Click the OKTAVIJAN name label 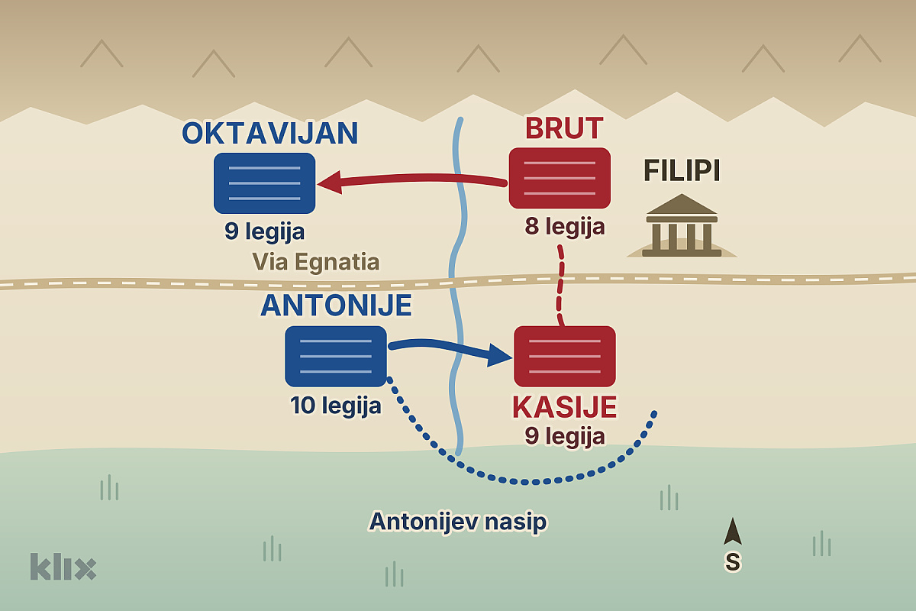[x=270, y=133]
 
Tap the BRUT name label [x=564, y=128]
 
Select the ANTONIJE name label [x=336, y=305]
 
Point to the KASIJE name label [x=565, y=407]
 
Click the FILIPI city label [x=682, y=170]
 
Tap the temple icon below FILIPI [x=682, y=225]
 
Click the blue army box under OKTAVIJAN [x=265, y=183]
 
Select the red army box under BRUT [x=560, y=178]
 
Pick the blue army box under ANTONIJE [x=336, y=357]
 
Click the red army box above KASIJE [x=565, y=357]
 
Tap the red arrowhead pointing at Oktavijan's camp [x=330, y=183]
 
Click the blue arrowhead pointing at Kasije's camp [x=499, y=355]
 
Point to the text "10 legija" [x=336, y=406]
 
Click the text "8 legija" [x=565, y=226]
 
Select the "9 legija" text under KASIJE [x=565, y=436]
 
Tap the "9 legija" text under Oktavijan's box [x=265, y=231]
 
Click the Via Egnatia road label [x=316, y=262]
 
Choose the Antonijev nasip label [x=457, y=522]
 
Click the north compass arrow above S [x=732, y=532]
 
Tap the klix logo [x=63, y=567]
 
